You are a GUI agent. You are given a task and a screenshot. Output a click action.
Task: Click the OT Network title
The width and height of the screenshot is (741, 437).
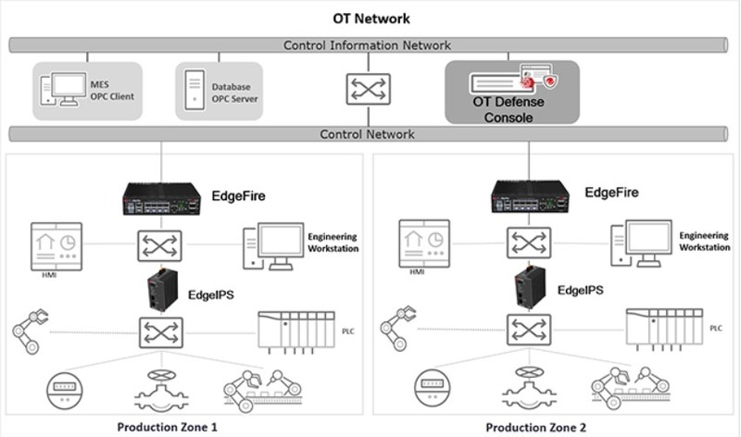click(x=370, y=18)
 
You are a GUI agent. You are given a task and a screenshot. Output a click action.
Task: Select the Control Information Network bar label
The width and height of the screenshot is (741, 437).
click(x=368, y=44)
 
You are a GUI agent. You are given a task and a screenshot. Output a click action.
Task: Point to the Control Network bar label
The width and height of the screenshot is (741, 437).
click(x=368, y=134)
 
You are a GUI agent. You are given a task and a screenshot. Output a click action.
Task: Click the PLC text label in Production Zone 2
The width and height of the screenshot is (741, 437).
click(x=716, y=329)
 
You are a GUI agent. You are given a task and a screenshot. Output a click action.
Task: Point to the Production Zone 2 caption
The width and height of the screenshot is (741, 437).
click(x=536, y=427)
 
